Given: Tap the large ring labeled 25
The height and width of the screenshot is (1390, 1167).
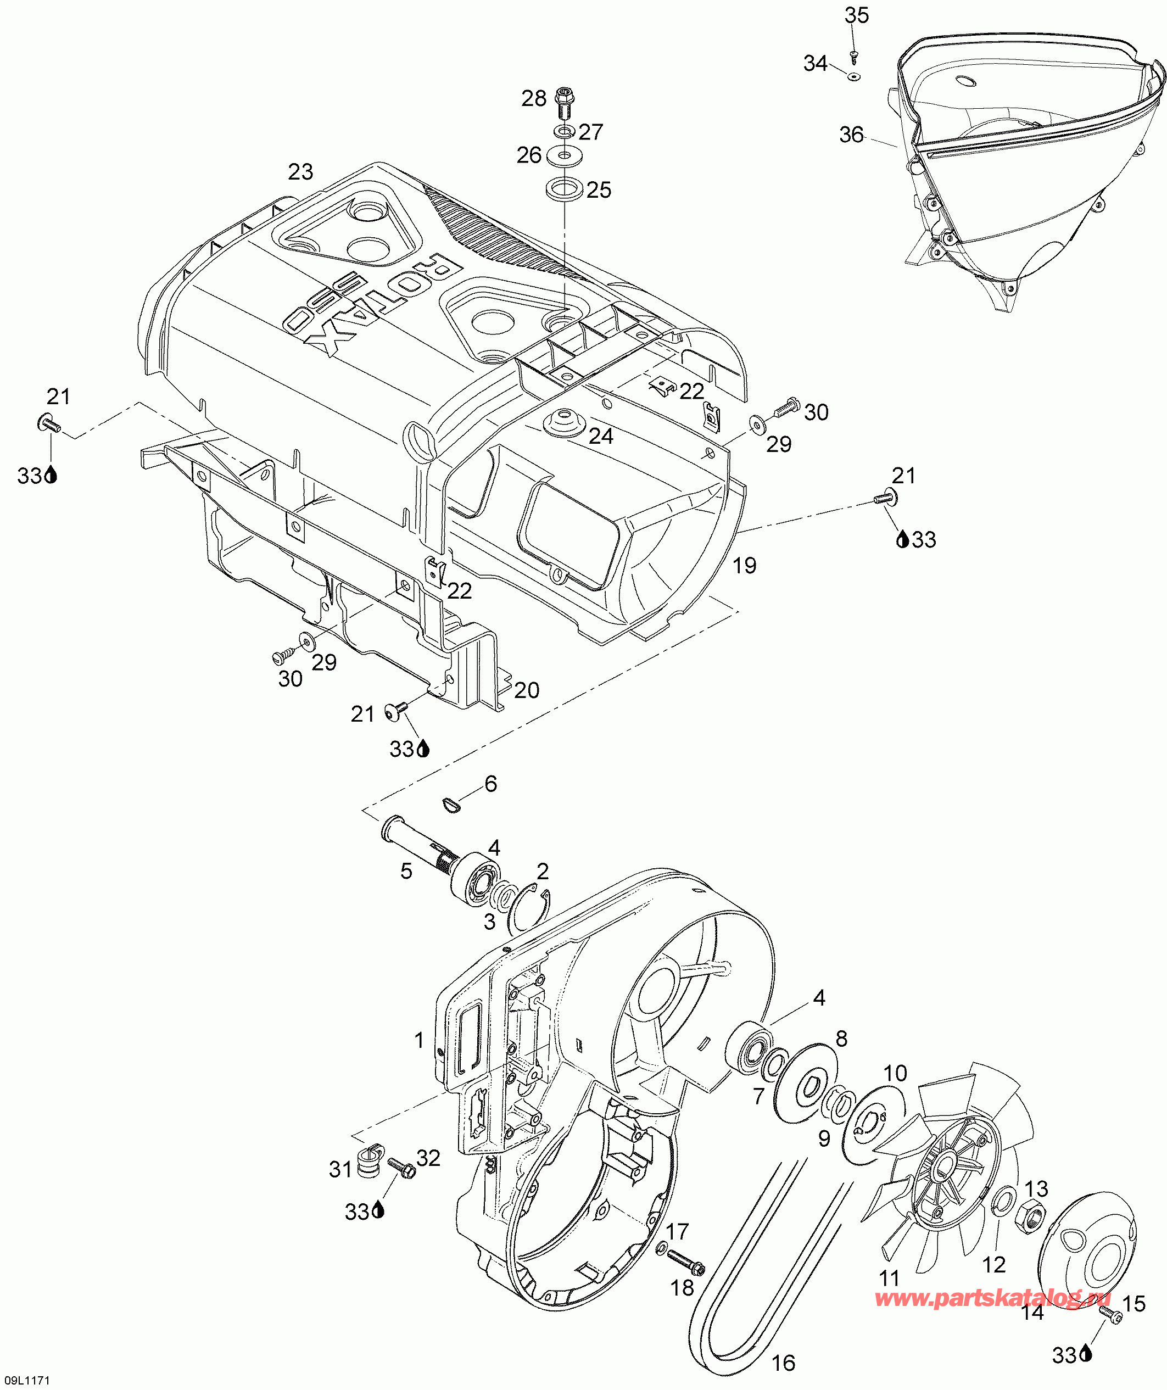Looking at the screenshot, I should pos(565,188).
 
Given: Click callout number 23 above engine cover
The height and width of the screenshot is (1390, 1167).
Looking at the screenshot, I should pos(300,172).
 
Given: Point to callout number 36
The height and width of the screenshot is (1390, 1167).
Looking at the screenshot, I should pos(851,135).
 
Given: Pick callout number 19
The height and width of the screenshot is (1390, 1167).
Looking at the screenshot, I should pos(744,565).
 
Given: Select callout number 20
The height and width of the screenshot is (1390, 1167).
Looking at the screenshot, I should pos(526,690).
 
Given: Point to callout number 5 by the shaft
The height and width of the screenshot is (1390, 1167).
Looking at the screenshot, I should pos(406,871).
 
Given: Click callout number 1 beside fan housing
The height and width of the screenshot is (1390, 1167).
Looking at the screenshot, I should pos(418,1041).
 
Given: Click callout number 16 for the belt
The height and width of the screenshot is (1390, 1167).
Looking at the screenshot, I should pos(783,1363).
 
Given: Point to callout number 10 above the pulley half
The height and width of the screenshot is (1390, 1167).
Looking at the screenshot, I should pos(895,1073).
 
